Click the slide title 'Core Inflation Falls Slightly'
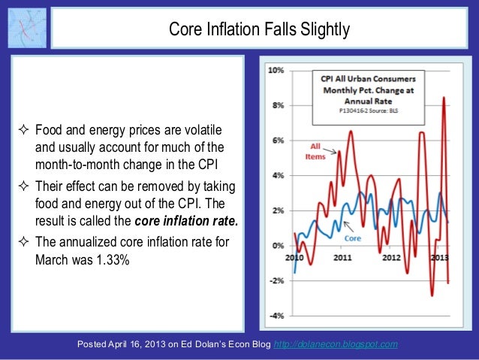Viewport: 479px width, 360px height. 259,30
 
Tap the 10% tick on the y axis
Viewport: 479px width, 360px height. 276,70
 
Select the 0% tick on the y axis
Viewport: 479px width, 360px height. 277,246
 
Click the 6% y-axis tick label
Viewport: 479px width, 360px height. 277,141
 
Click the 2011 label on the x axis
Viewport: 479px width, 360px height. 342,257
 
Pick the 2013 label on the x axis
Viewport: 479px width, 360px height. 438,257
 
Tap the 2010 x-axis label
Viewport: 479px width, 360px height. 294,257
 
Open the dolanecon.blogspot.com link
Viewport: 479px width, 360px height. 336,344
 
